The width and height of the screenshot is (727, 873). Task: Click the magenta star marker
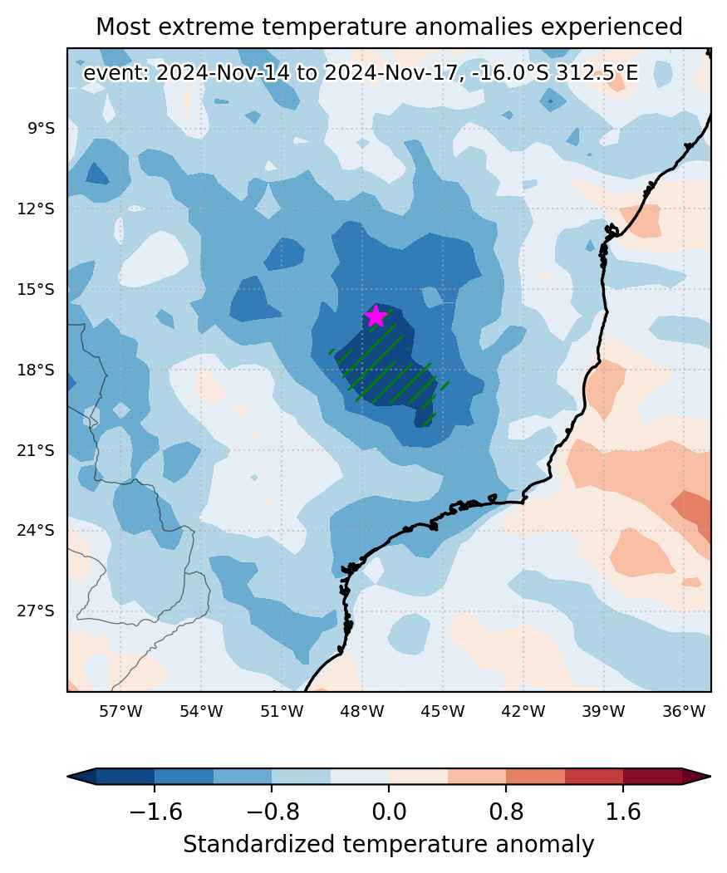point(376,316)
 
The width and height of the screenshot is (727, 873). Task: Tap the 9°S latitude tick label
point(42,129)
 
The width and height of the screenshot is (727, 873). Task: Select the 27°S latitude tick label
point(36,611)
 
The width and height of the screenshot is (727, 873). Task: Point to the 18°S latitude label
point(36,370)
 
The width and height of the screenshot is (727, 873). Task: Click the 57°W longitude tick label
point(120,711)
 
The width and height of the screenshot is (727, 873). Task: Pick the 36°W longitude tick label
point(684,711)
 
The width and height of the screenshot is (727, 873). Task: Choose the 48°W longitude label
point(362,711)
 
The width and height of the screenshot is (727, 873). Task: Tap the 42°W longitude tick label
point(523,711)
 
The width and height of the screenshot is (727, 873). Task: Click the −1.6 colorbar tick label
point(155,812)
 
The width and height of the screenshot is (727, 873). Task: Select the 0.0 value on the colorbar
point(389,812)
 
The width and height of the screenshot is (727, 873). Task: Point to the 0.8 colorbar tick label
point(506,812)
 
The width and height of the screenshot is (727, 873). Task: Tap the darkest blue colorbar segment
point(125,776)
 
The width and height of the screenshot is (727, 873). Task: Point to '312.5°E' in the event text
point(597,73)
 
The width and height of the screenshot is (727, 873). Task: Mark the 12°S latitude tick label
point(36,208)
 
